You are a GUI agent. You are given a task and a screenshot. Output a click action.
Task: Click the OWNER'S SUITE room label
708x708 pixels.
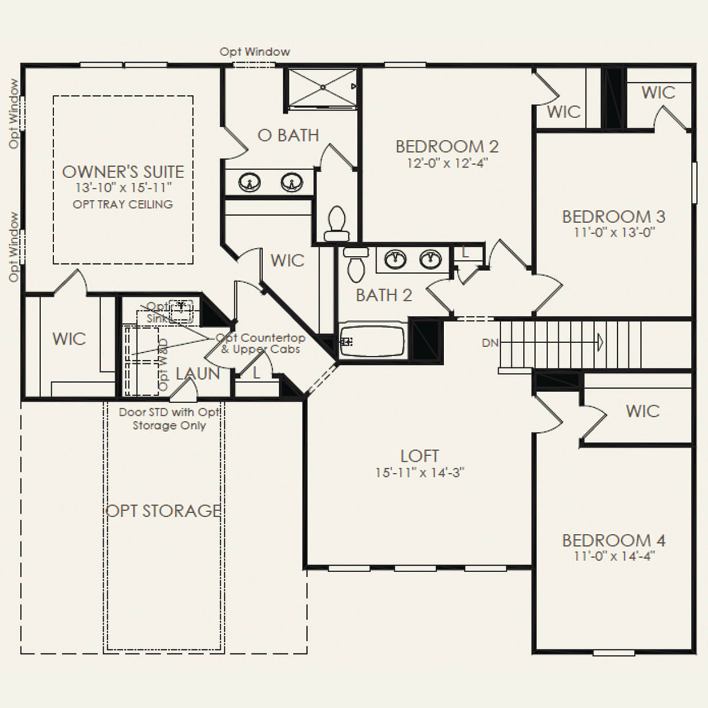click(x=123, y=172)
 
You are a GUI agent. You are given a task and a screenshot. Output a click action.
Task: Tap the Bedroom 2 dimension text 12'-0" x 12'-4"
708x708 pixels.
click(x=447, y=163)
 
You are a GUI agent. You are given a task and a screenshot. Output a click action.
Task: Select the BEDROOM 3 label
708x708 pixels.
click(x=614, y=217)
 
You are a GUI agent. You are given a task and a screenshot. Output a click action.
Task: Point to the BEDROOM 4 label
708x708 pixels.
click(x=614, y=540)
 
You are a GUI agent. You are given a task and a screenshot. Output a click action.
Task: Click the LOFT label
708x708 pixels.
click(x=420, y=456)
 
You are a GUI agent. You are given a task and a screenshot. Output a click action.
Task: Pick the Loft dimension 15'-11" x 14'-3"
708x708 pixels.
click(x=420, y=473)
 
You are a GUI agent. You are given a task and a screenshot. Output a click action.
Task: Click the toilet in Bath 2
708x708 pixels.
click(x=355, y=264)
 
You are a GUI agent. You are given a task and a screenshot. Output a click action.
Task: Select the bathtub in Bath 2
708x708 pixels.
click(x=372, y=341)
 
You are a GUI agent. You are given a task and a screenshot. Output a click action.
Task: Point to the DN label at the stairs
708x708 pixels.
click(x=490, y=343)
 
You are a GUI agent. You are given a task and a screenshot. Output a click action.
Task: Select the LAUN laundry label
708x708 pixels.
click(x=198, y=374)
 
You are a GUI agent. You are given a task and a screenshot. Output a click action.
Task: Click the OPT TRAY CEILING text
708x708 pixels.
click(x=123, y=204)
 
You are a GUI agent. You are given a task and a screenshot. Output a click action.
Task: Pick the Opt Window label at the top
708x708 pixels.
click(x=255, y=52)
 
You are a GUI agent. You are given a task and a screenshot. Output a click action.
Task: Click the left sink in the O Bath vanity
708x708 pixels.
click(x=249, y=183)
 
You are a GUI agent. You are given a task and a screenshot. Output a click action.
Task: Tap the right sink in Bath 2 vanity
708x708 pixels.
click(x=430, y=259)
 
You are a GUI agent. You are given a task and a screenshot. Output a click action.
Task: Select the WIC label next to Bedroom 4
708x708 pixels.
click(x=642, y=411)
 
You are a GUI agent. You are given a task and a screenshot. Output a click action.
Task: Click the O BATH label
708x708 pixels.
click(x=288, y=135)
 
